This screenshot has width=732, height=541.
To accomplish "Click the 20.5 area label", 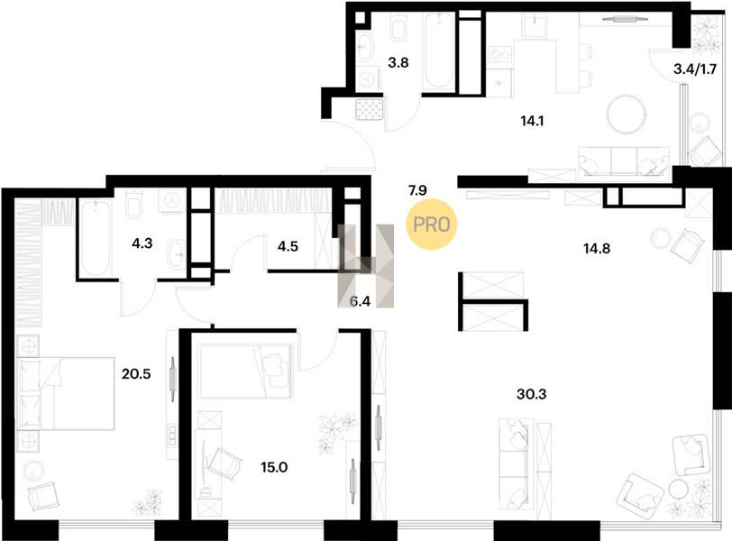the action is click(x=136, y=374).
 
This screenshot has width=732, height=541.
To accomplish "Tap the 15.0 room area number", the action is click(x=274, y=467).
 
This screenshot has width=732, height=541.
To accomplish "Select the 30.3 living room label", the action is click(x=532, y=394).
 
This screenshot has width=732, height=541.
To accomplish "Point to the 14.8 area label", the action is click(x=597, y=248).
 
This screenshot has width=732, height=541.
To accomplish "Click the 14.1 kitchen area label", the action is click(x=532, y=122).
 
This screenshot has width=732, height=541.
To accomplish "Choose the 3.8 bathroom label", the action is click(x=398, y=62).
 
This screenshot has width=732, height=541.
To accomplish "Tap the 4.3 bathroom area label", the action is click(x=142, y=243).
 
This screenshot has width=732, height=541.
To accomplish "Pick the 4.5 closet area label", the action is click(x=288, y=246).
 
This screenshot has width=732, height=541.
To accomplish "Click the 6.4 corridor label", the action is click(x=360, y=301).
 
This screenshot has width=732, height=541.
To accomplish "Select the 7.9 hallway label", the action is click(x=417, y=190).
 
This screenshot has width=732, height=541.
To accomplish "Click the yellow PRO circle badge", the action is click(x=431, y=224).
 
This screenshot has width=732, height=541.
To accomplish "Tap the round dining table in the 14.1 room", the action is click(x=627, y=115).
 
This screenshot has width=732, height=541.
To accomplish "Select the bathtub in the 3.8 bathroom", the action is click(x=438, y=50).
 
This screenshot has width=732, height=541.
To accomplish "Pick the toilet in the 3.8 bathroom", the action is click(x=398, y=27).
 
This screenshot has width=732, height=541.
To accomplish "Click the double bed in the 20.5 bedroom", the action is click(x=65, y=393).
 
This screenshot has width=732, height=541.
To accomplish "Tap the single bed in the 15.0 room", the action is click(x=245, y=371).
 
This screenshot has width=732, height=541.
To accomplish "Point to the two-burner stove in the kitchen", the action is click(x=499, y=55).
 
